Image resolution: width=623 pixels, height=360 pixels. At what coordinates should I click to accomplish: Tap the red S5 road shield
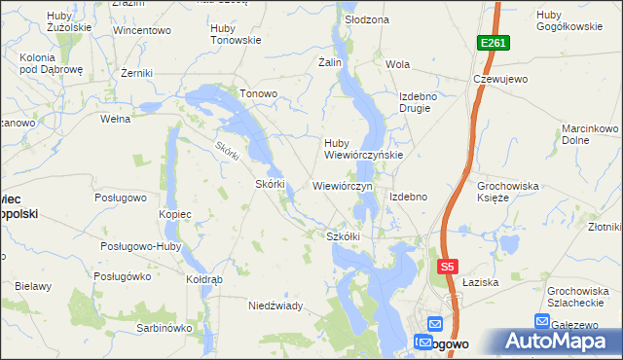(447, 266)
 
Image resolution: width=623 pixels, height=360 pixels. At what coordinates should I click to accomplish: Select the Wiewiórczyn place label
(344, 185)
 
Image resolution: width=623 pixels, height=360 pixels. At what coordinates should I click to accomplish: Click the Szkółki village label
(344, 236)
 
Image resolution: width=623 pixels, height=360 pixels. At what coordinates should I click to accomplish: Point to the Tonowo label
(259, 94)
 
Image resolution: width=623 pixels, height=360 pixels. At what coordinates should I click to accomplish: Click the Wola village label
(397, 65)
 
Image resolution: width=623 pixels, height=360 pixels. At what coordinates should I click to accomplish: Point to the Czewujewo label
(499, 80)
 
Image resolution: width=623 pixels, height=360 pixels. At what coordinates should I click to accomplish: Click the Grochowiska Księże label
(506, 191)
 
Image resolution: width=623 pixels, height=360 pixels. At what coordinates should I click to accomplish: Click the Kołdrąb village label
(204, 279)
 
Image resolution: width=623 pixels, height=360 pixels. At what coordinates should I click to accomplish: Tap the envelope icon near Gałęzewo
(542, 321)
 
